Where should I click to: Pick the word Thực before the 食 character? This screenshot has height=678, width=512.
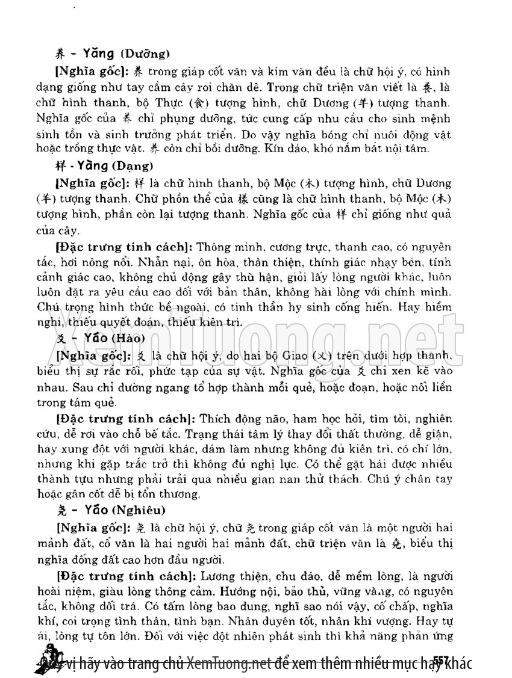coord(186,99)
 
